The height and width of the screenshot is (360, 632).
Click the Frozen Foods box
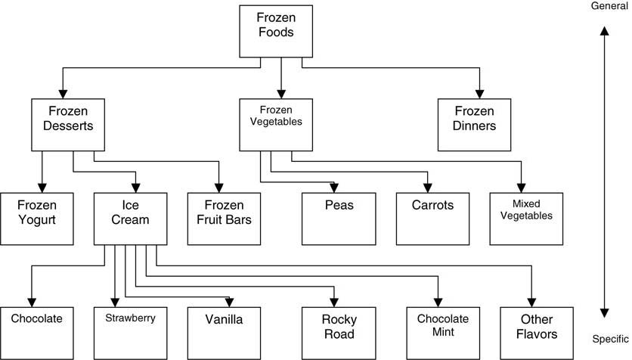pos(275,32)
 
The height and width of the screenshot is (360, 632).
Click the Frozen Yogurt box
pos(36,218)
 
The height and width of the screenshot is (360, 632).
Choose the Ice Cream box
pos(129,218)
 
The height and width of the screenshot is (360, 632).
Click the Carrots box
pos(432,218)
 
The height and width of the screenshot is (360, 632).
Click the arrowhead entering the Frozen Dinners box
pos(479,94)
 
